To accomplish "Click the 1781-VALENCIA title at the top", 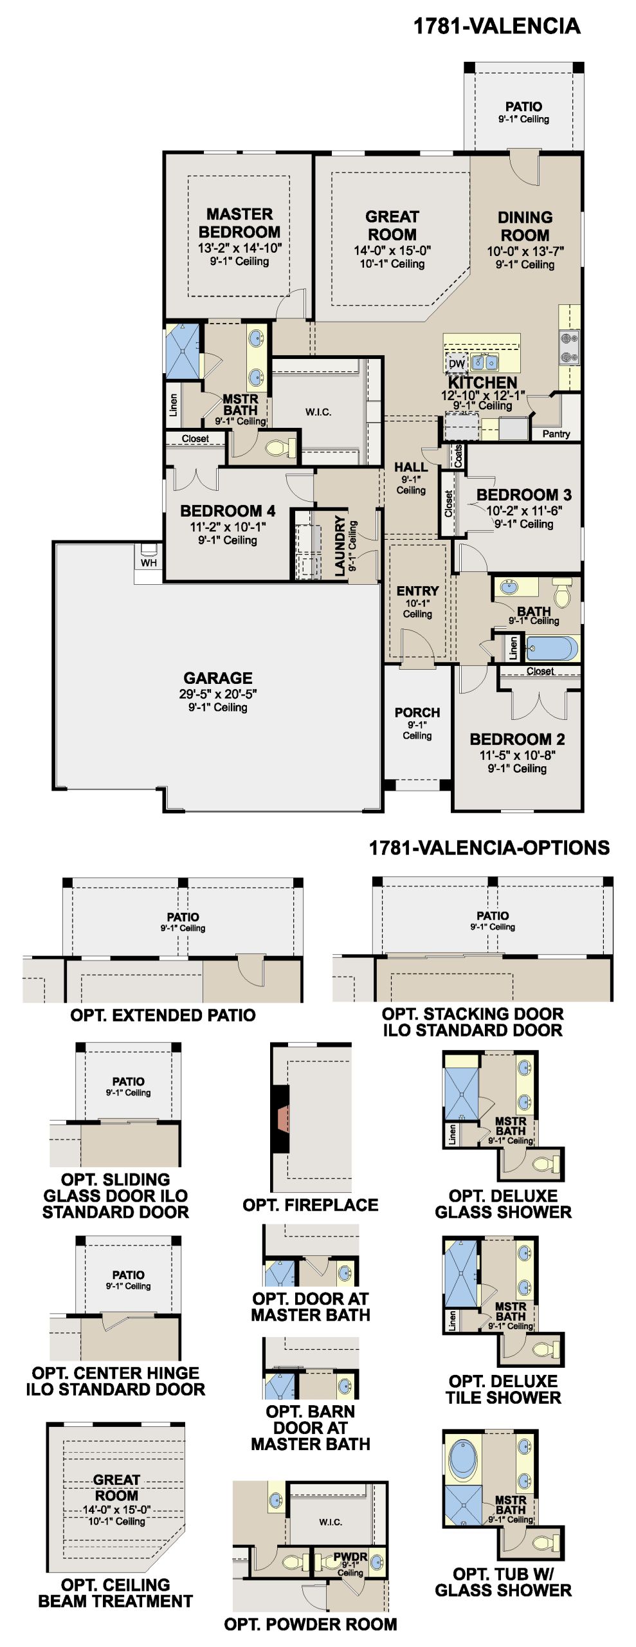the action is pyautogui.click(x=496, y=26).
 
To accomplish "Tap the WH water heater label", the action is pyautogui.click(x=149, y=563).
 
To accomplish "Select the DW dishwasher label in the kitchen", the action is pyautogui.click(x=457, y=363).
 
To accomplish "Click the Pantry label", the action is pyautogui.click(x=556, y=434).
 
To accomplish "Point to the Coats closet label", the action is pyautogui.click(x=459, y=455).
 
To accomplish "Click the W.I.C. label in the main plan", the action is pyautogui.click(x=318, y=412).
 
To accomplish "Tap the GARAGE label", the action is pyautogui.click(x=218, y=678).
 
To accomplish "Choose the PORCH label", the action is pyautogui.click(x=417, y=713).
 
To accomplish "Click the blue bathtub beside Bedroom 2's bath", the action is pyautogui.click(x=551, y=649).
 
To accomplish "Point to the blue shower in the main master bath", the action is pyautogui.click(x=183, y=351).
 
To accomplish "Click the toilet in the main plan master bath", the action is pyautogui.click(x=280, y=447).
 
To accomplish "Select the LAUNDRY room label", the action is pyautogui.click(x=340, y=546).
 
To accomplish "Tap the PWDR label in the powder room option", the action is pyautogui.click(x=350, y=1557).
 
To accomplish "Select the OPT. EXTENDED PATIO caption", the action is pyautogui.click(x=163, y=1015).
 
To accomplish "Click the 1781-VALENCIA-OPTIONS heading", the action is pyautogui.click(x=489, y=848).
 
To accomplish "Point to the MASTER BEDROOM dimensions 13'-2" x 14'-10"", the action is pyautogui.click(x=239, y=248).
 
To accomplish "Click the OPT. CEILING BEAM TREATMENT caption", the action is pyautogui.click(x=115, y=1593).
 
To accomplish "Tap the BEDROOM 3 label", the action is pyautogui.click(x=523, y=495).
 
